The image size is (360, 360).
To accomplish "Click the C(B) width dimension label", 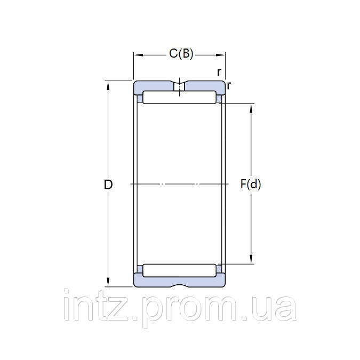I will coord(181,53).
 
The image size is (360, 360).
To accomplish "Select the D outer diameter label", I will coord(108,185).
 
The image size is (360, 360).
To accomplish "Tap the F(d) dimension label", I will coord(251,185).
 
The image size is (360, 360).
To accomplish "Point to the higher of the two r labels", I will coord(219,71).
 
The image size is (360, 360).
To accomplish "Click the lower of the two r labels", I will coord(229,85).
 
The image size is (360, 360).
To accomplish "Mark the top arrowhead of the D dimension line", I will coord(109,84).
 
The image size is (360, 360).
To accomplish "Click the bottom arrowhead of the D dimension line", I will coord(109,283).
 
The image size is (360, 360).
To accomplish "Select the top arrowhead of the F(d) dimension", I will coord(251,108).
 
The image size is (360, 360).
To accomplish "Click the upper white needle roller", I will coord(179,98).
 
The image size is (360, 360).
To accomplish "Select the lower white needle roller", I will coord(179,270).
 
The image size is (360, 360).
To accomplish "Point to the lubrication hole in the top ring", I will coord(180,86).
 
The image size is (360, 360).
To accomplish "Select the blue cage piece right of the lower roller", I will coord(219,270).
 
